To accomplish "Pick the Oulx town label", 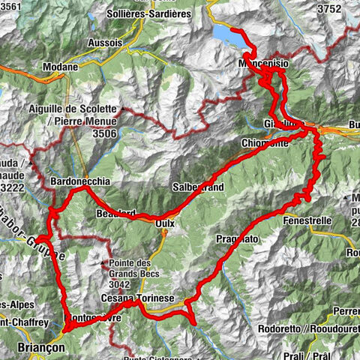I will click(163, 223).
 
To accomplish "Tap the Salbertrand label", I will click(197, 187).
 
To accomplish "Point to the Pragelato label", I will click(237, 238).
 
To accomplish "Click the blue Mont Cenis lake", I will click(228, 34).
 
